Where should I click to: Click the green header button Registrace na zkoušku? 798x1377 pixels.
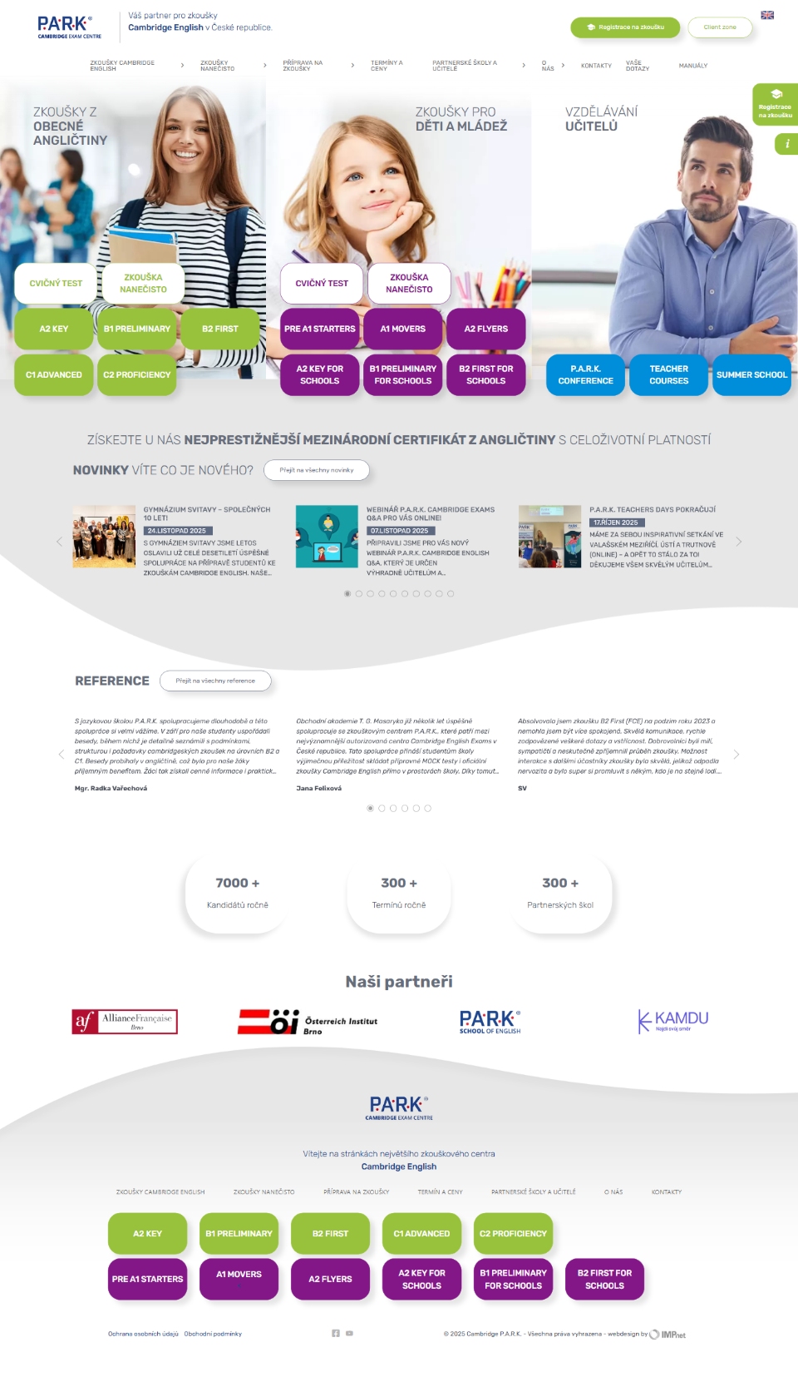pos(625,27)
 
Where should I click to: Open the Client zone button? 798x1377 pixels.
pos(720,27)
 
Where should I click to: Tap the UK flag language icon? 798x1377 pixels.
pos(767,15)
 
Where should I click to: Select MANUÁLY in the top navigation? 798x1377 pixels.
pos(692,66)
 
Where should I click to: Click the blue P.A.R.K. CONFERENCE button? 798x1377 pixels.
pos(585,374)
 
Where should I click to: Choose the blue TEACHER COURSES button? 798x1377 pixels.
pos(668,374)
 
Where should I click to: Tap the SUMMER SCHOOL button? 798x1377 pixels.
pos(751,374)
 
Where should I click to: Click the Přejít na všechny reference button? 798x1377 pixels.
pos(215,681)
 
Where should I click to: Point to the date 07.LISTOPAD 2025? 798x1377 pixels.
pos(400,531)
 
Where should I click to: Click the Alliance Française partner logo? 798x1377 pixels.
pos(125,1021)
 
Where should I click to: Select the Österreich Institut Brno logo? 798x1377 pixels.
pos(308,1022)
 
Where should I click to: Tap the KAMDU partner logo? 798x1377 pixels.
pos(673,1021)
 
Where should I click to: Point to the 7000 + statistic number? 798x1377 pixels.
pos(238,883)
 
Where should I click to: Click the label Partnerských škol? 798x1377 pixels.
pos(560,905)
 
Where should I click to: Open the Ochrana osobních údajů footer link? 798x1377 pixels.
pos(143,1334)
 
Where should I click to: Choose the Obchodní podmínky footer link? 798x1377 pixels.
pos(213,1334)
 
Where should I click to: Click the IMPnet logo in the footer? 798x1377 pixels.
pos(668,1335)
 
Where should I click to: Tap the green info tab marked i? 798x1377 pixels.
pos(786,144)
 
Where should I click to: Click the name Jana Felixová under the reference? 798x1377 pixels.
pos(318,788)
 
